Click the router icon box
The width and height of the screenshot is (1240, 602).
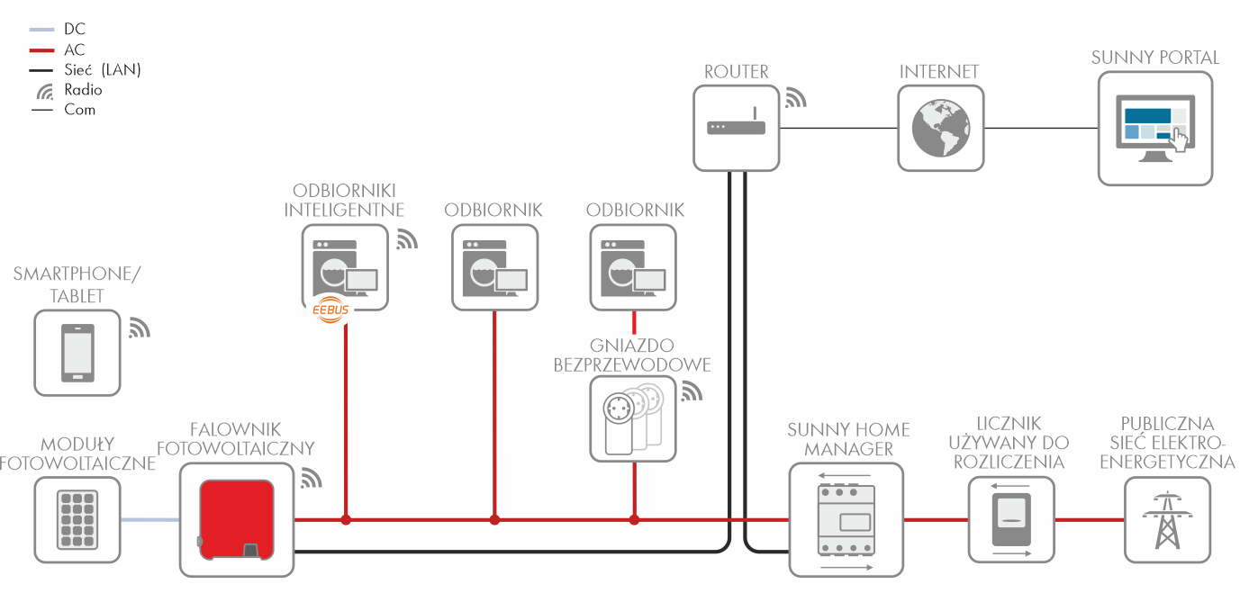tap(737, 128)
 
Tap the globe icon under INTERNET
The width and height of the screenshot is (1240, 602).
tap(940, 128)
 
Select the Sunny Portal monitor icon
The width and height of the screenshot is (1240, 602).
tap(1154, 129)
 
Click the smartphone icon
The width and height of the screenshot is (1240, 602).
tap(77, 353)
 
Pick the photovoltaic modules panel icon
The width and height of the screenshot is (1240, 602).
tap(77, 519)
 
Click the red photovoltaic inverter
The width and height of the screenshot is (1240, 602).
tap(237, 519)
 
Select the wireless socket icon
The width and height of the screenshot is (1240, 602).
tap(632, 418)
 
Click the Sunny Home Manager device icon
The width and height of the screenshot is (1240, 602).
tap(846, 519)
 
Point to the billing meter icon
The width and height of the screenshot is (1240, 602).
tap(1011, 519)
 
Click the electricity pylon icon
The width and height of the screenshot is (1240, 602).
tap(1167, 519)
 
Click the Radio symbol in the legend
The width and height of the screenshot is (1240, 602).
tap(45, 91)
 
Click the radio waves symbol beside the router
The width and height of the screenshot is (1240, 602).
tap(795, 98)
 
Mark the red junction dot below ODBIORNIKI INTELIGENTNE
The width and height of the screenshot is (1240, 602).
tap(346, 519)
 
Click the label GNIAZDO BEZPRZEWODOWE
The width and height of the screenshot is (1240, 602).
tap(632, 355)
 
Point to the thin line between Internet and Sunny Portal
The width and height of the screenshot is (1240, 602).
tap(1041, 128)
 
